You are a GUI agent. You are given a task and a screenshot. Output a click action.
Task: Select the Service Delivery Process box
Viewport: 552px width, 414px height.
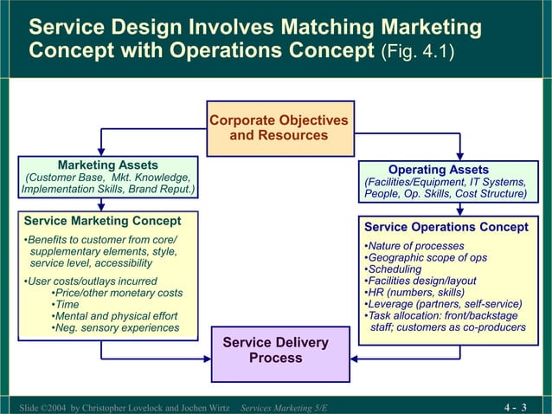[275, 351]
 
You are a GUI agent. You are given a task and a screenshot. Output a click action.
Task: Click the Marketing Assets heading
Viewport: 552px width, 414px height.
[107, 165]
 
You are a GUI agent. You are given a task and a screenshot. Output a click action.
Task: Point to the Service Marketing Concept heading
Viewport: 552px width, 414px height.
[102, 221]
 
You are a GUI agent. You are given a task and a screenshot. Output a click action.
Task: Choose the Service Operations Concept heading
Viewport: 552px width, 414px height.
[446, 227]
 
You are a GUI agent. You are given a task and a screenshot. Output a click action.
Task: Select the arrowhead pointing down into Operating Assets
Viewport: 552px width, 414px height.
[459, 161]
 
